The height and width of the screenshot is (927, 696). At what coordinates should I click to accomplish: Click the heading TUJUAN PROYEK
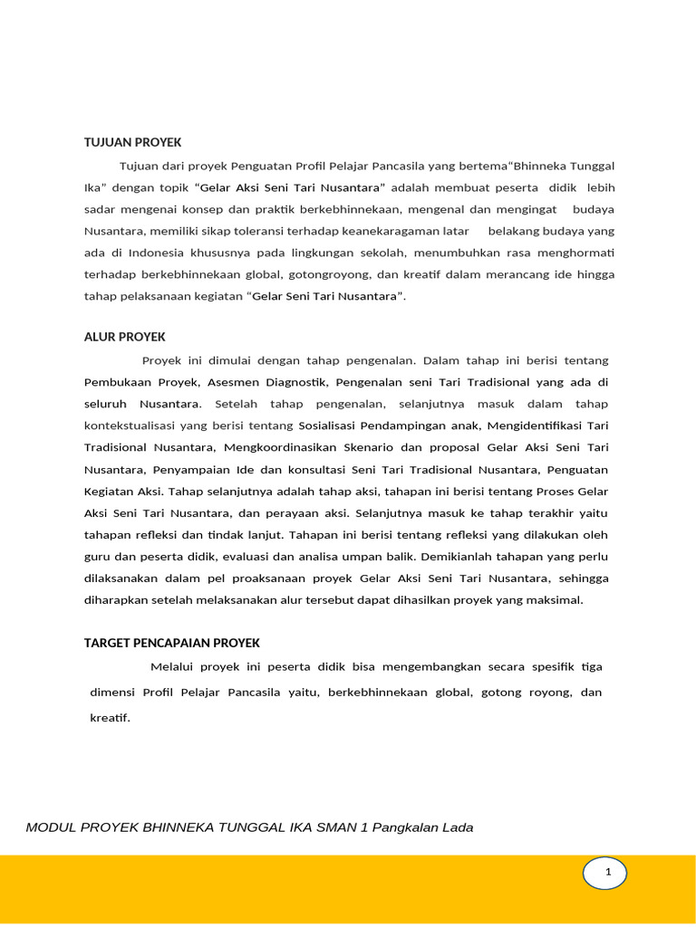click(x=133, y=142)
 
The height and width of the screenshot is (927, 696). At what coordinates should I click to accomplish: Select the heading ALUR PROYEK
click(x=125, y=337)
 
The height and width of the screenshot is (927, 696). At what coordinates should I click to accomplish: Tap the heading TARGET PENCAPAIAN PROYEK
click(x=172, y=643)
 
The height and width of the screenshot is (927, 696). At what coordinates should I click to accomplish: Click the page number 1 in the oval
click(x=608, y=873)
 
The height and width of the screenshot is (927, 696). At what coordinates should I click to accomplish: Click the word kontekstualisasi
click(x=132, y=425)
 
